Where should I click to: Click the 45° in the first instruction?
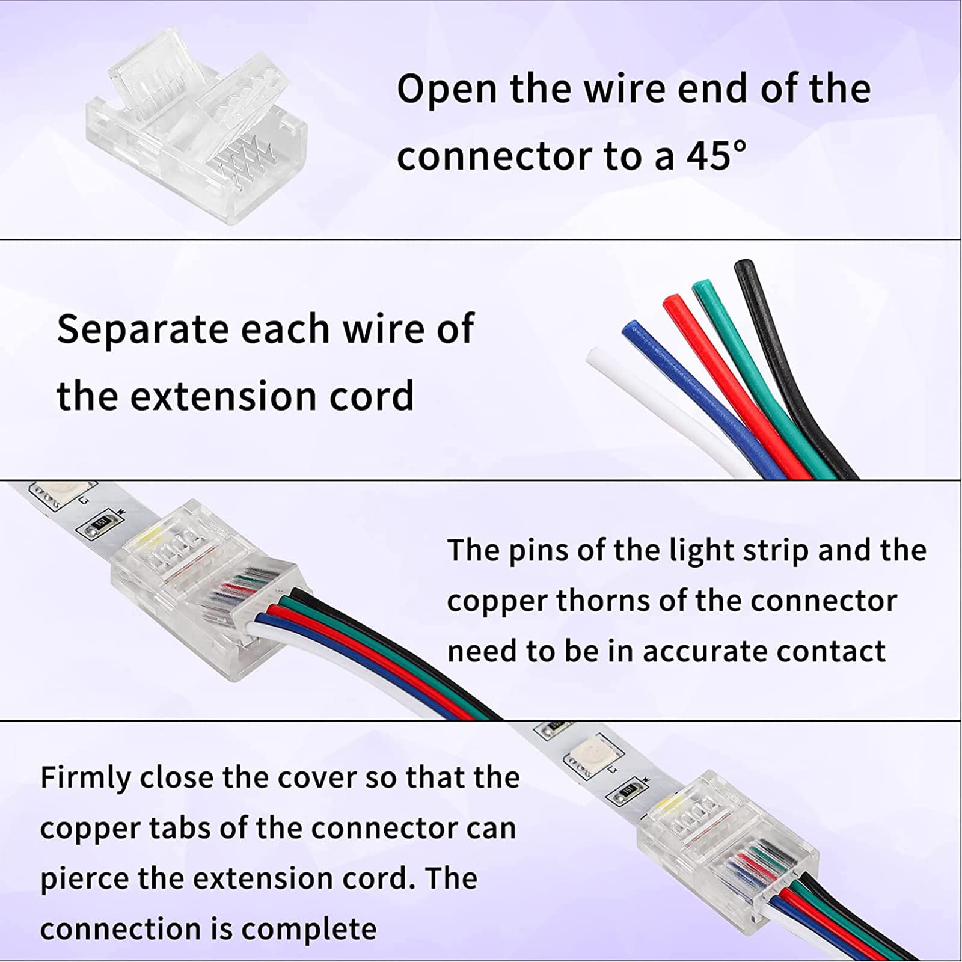pos(716,155)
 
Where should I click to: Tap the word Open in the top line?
pos(447,89)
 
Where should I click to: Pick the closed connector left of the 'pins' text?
pos(204,589)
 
